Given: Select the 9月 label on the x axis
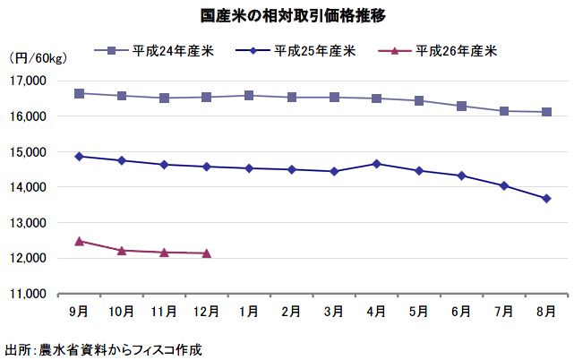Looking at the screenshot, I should click(79, 311).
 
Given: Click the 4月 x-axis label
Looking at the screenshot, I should click(376, 311).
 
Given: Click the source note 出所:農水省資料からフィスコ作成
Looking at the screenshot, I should click(104, 348).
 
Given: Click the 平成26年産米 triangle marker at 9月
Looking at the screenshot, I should click(80, 241).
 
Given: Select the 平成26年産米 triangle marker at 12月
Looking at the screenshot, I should click(207, 253).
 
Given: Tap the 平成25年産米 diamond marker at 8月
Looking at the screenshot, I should click(546, 199).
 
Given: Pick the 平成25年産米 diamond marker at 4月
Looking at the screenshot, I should click(376, 164).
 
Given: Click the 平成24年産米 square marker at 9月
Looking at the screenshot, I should click(80, 93).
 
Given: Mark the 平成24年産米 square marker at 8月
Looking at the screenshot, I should click(546, 112).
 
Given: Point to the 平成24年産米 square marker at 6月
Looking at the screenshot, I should click(461, 106).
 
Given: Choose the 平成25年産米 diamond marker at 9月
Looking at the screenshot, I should click(80, 156).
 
